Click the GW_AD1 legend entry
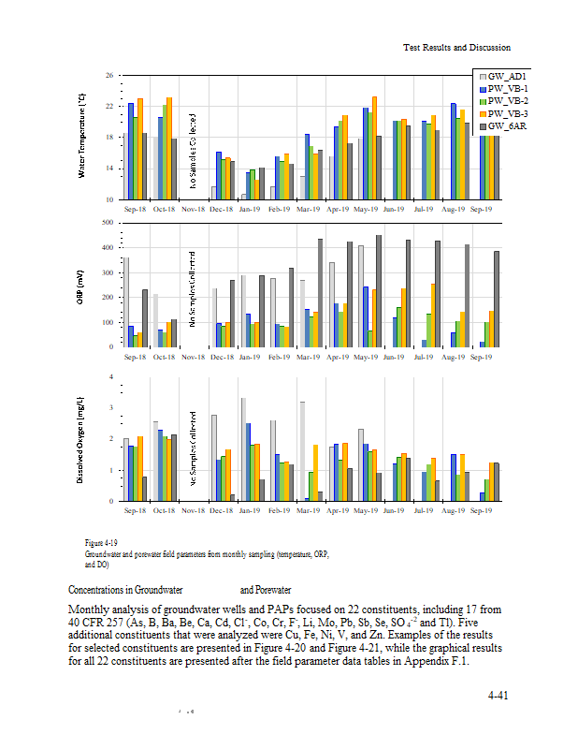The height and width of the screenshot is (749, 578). click(x=506, y=76)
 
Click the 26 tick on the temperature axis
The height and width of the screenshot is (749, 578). click(x=109, y=75)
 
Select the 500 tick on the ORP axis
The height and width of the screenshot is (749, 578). click(x=108, y=223)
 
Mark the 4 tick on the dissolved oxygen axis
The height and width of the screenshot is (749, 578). click(x=112, y=377)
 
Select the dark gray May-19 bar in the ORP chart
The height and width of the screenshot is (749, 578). click(x=379, y=290)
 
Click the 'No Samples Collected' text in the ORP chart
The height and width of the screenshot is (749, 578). click(x=193, y=288)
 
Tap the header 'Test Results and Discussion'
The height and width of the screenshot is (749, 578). click(x=456, y=47)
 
